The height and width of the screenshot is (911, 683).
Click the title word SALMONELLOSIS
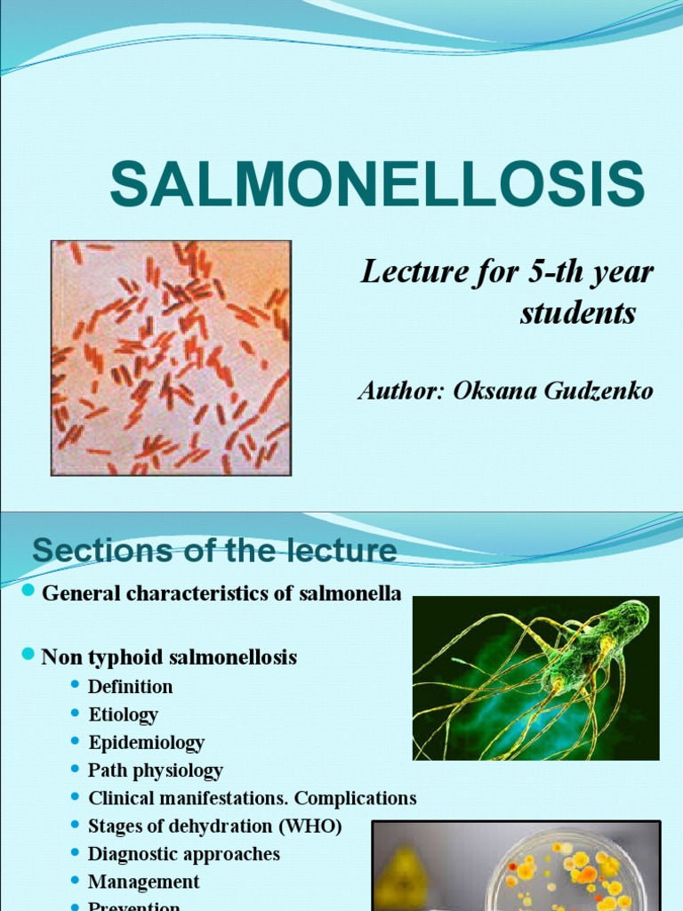(x=377, y=186)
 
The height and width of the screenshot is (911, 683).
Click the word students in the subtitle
(x=578, y=313)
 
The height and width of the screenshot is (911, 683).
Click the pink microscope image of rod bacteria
(x=171, y=358)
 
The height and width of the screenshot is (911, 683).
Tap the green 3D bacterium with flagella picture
(x=535, y=678)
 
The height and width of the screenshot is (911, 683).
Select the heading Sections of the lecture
(x=214, y=552)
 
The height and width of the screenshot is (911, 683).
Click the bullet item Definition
(x=130, y=687)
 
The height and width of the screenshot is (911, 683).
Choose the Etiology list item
(x=123, y=714)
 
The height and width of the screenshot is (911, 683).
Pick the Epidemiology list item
(x=146, y=742)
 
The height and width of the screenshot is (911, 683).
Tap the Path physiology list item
(x=155, y=770)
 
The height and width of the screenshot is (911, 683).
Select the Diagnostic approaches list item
(x=183, y=854)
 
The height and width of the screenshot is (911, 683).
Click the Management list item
(x=143, y=882)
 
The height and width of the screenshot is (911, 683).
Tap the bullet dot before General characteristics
(x=27, y=592)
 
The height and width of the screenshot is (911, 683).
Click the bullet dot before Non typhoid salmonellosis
(x=27, y=656)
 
